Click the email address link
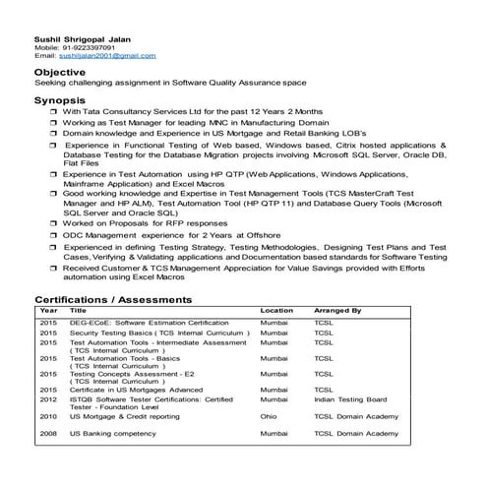(99, 56)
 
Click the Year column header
(48, 310)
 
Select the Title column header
(78, 310)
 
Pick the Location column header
(276, 310)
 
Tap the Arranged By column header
(337, 310)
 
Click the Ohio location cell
(269, 416)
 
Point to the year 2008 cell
(48, 433)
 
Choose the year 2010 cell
(48, 416)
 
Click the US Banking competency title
(113, 433)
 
